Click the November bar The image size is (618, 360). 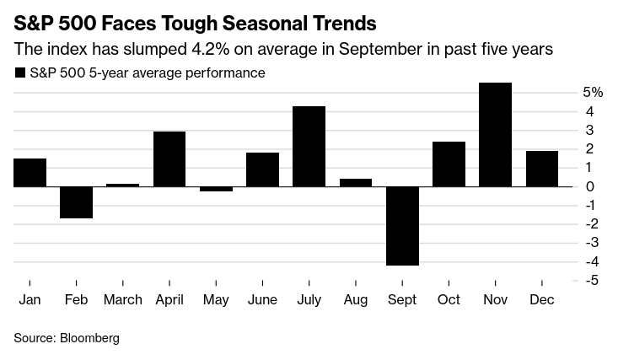[495, 134]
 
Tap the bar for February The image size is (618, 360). [76, 202]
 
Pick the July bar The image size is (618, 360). [309, 146]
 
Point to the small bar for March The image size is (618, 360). [122, 185]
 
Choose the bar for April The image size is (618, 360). [169, 159]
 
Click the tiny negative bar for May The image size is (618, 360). [216, 189]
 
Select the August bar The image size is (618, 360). [355, 182]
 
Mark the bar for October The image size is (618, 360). [449, 164]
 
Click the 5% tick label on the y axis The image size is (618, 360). [593, 92]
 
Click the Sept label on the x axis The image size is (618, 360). [401, 299]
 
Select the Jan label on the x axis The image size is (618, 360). [29, 299]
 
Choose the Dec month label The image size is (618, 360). [541, 299]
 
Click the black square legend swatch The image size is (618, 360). [20, 73]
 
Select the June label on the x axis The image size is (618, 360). [262, 299]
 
